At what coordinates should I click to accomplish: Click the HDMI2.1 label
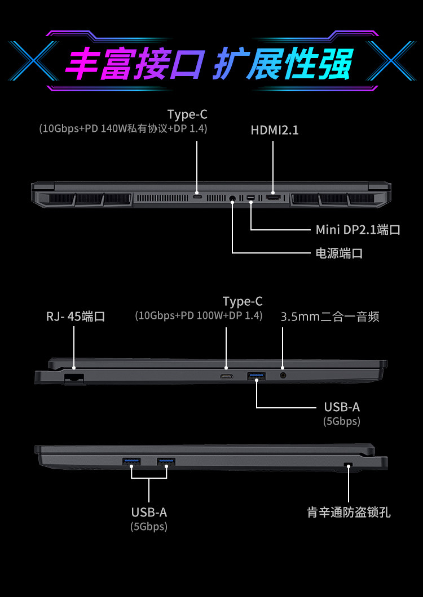(x=275, y=130)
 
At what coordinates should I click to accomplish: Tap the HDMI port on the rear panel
(x=274, y=198)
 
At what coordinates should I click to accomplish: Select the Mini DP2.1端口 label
(x=358, y=230)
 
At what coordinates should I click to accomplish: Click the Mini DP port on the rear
(x=250, y=198)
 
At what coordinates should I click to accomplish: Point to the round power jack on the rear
(x=232, y=198)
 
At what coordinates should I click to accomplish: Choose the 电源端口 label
(x=339, y=253)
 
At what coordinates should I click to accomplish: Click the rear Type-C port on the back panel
(x=197, y=198)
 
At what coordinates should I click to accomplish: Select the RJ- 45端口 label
(x=76, y=317)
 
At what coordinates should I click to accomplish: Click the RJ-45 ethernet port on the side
(x=74, y=378)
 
